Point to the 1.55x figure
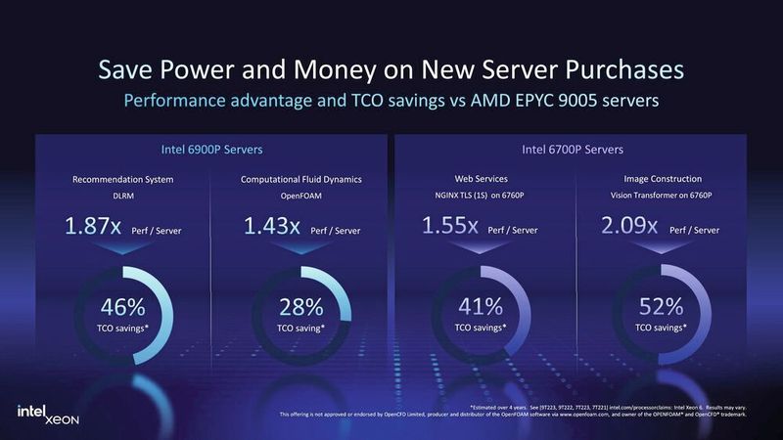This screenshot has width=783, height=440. coord(450,226)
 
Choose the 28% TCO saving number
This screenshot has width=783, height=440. coord(299,307)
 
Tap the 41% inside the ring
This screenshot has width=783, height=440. coord(481,307)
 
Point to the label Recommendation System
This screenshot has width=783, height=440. coord(123,179)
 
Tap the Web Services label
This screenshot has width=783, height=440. coord(481,179)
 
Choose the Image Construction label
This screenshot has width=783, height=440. coord(660,179)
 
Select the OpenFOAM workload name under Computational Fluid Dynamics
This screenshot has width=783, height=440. coord(299,195)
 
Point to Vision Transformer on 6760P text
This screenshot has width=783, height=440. coord(660,195)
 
